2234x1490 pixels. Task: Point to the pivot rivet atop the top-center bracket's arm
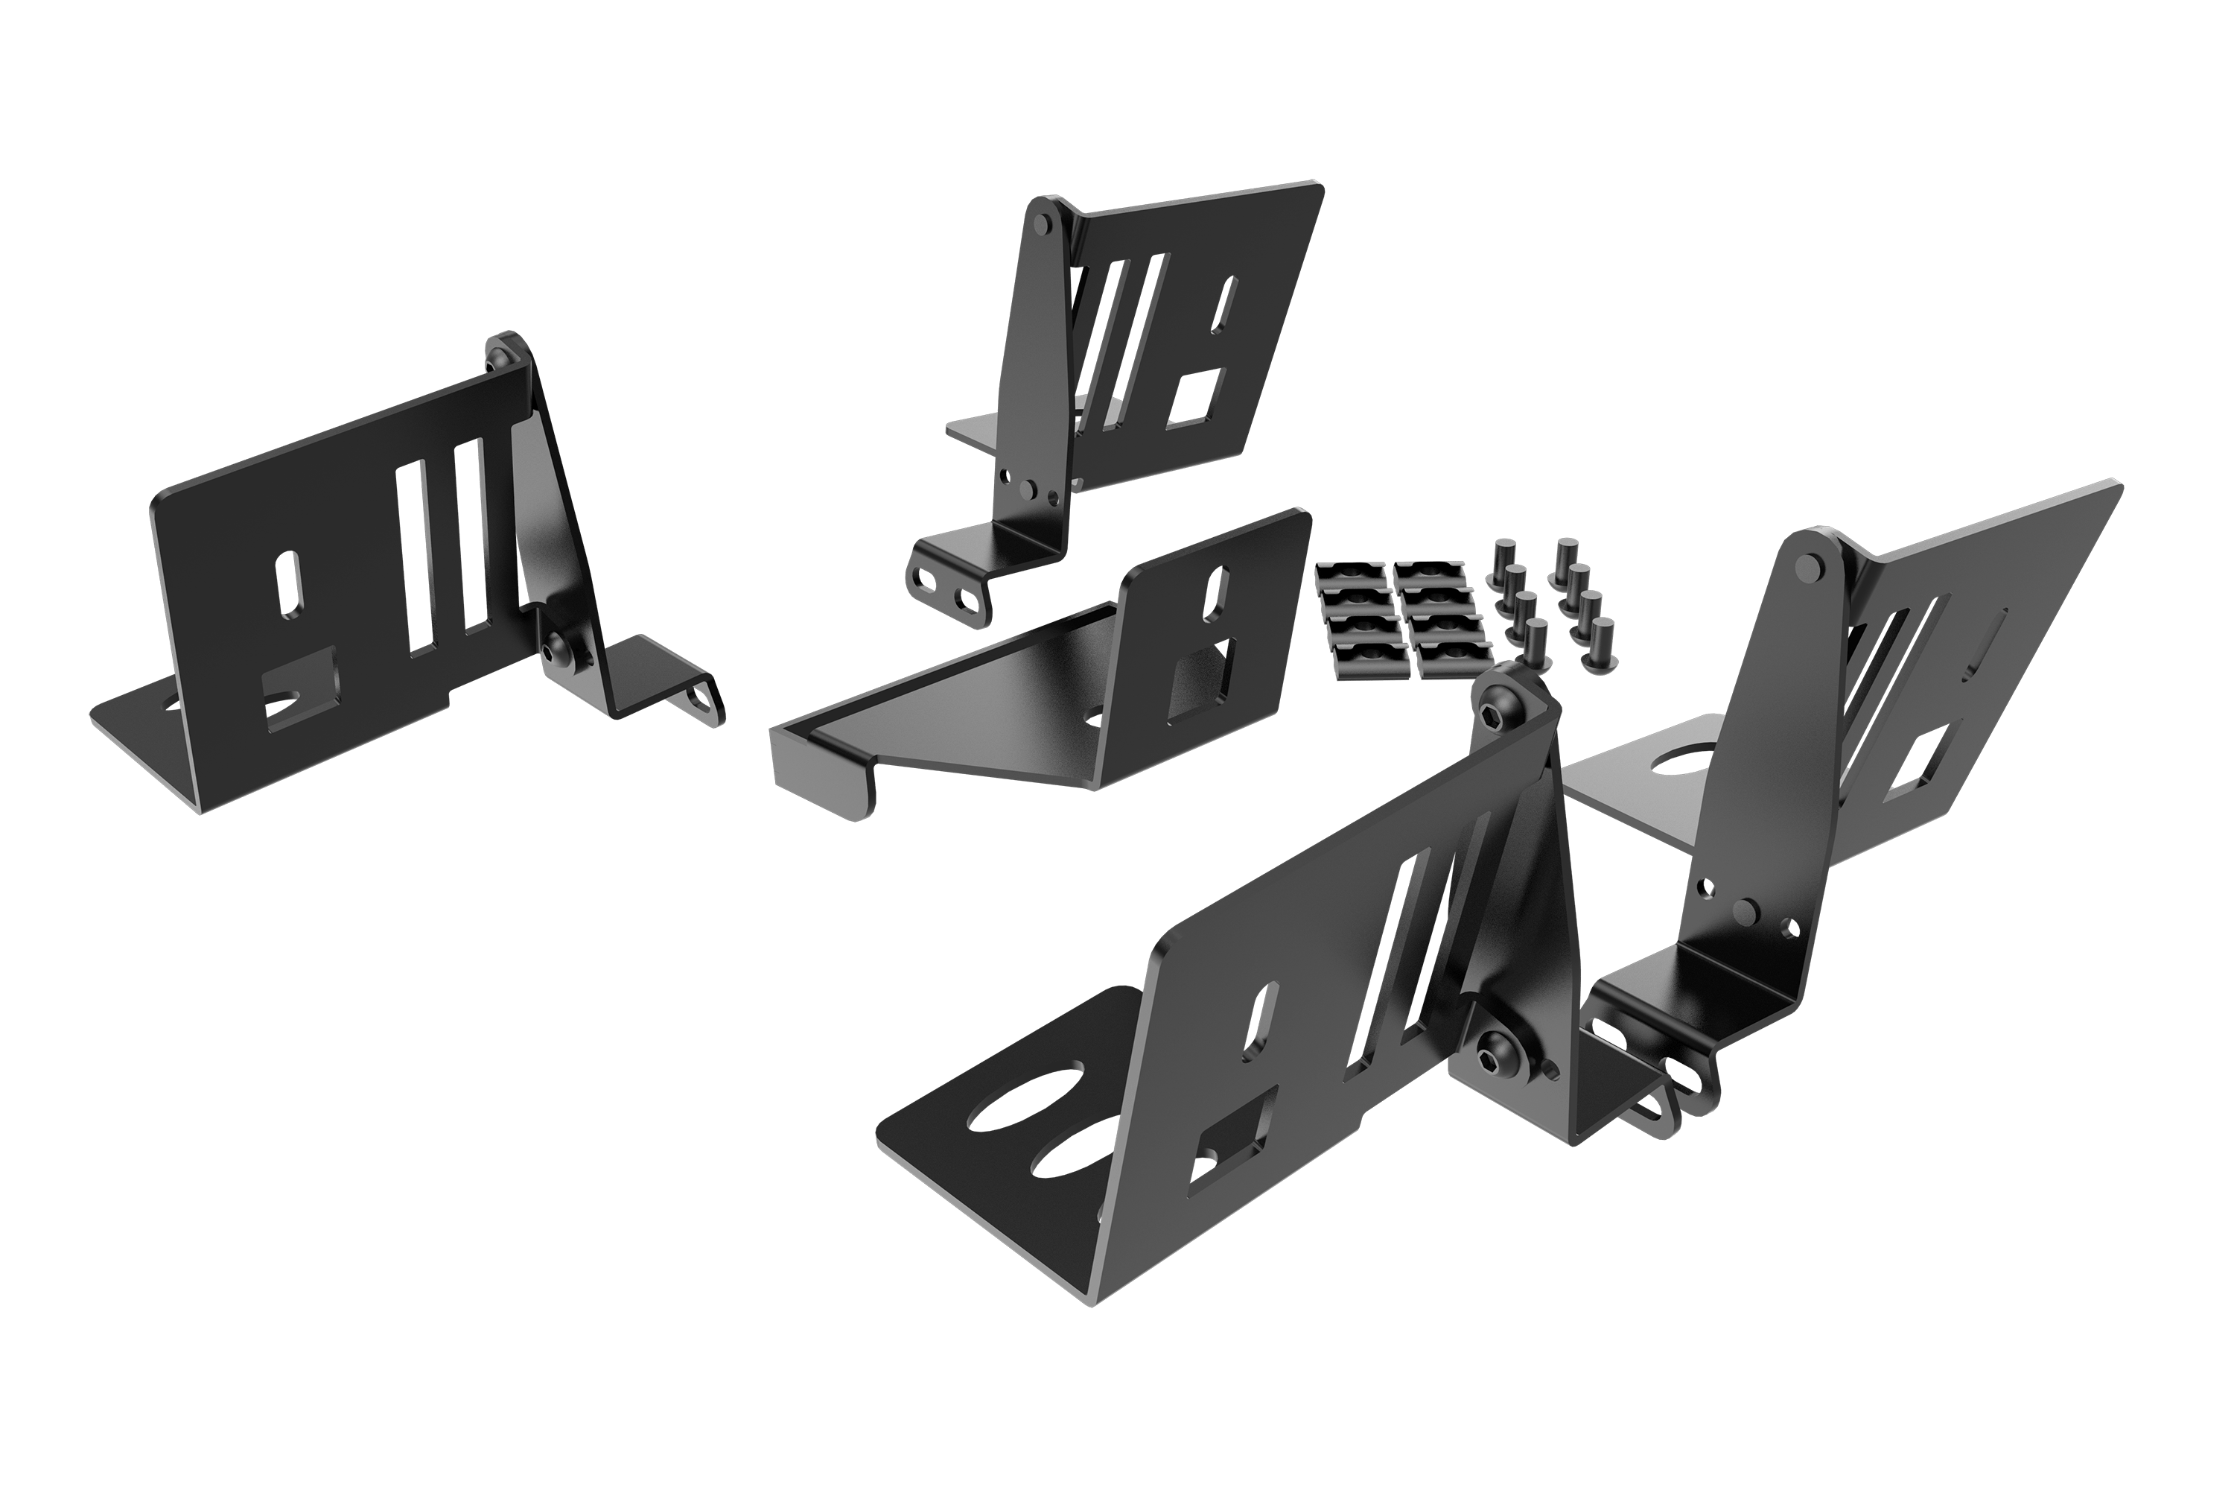click(x=1042, y=223)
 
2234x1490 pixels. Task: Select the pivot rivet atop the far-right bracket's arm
click(x=1810, y=567)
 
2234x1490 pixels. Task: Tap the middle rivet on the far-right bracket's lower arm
click(x=1744, y=912)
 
